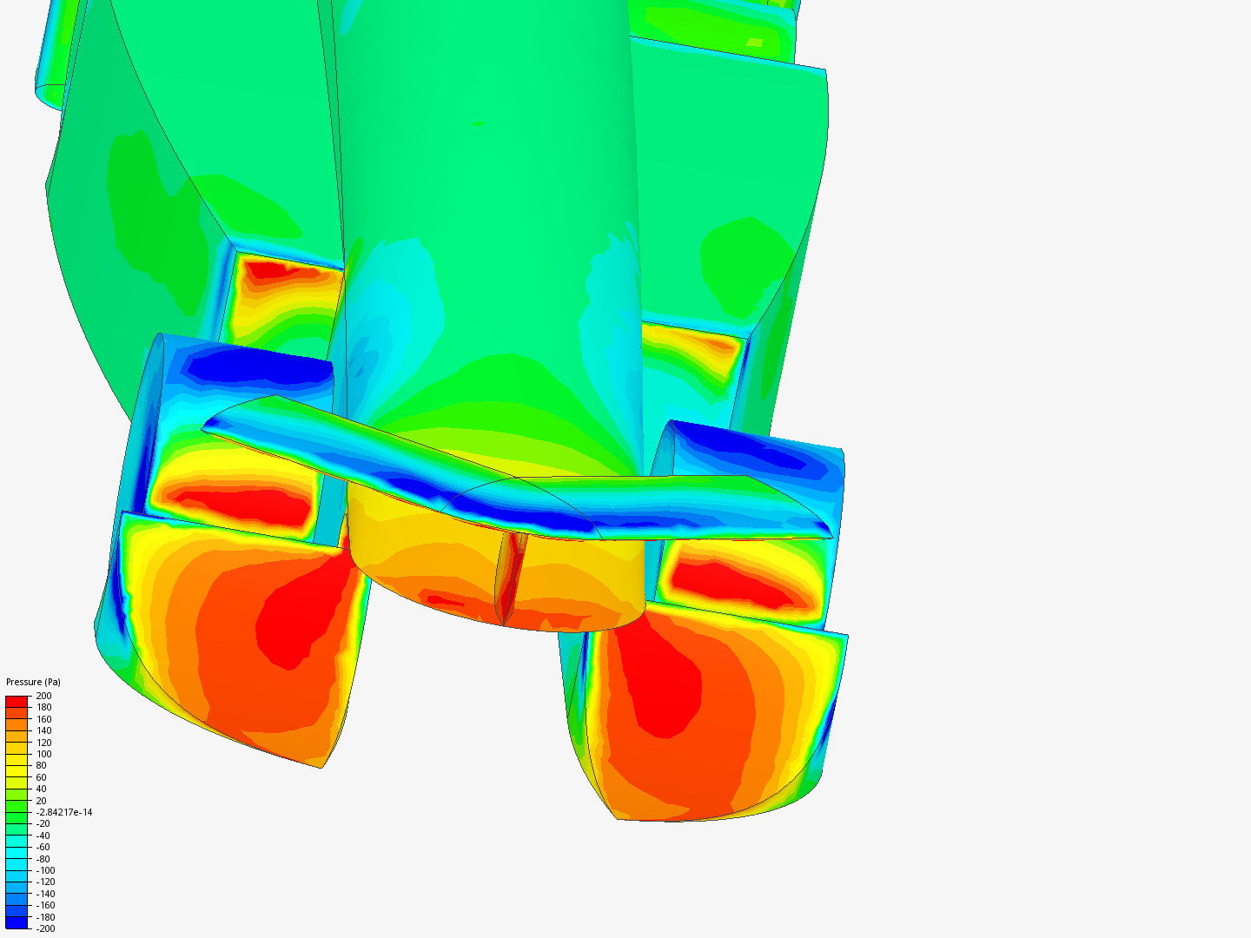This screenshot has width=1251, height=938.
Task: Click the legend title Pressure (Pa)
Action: (33, 682)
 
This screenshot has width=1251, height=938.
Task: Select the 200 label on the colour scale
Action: (43, 696)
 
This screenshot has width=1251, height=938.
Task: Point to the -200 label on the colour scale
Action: (45, 928)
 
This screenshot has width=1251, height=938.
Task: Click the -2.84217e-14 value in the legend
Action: (63, 812)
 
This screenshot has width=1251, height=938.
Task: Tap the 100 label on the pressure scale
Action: (43, 754)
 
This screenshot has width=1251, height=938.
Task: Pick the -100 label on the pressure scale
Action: (45, 870)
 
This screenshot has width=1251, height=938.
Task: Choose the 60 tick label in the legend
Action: (41, 777)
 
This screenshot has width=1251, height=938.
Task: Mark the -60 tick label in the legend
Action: (43, 847)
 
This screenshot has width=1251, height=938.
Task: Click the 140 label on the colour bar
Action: (43, 730)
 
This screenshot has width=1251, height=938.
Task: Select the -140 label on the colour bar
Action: (45, 894)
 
